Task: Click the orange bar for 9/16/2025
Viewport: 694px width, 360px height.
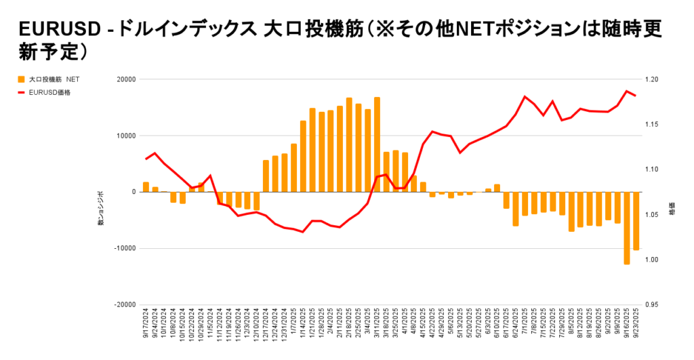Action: pyautogui.click(x=627, y=228)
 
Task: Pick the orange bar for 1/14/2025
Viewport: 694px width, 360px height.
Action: pyautogui.click(x=303, y=156)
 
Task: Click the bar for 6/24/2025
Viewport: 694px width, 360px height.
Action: pyautogui.click(x=516, y=209)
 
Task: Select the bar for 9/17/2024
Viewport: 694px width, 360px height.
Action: pyautogui.click(x=146, y=187)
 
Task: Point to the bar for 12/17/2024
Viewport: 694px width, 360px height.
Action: pyautogui.click(x=266, y=176)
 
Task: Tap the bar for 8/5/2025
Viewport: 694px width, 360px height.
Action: pyautogui.click(x=571, y=212)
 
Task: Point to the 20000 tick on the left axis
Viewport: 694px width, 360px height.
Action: pyautogui.click(x=125, y=79)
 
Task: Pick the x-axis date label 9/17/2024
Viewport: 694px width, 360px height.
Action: pyautogui.click(x=146, y=327)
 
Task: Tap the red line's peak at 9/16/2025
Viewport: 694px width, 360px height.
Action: pyautogui.click(x=627, y=91)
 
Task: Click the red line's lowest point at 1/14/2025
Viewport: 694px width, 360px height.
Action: pyautogui.click(x=303, y=232)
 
